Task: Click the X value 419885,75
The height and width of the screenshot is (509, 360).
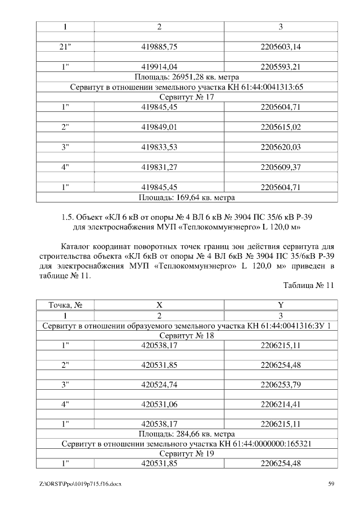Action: coord(159,47)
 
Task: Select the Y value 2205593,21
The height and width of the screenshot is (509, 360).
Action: coord(281,67)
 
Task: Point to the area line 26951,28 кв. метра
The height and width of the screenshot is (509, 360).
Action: coord(187,77)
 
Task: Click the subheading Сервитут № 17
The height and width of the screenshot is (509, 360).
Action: coord(187,97)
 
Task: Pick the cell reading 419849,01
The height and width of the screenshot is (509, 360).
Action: coord(159,127)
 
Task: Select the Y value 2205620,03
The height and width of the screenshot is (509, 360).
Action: coord(281,147)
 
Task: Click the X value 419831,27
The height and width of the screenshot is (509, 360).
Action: coord(159,167)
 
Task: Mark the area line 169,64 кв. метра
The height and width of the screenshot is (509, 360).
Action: coord(187,197)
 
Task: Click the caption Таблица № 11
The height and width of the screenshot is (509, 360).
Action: coord(309,285)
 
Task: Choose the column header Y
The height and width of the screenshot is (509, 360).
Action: coord(281,305)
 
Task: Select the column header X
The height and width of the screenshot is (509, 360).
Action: coord(159,305)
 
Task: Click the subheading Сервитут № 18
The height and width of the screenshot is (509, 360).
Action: coord(187,335)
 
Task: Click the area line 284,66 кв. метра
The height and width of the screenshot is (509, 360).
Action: coord(187,434)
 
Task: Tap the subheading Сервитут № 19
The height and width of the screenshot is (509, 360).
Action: coord(187,454)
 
